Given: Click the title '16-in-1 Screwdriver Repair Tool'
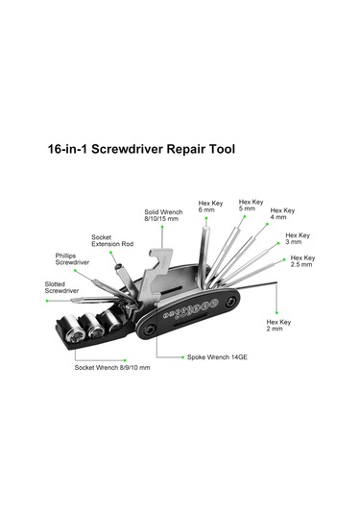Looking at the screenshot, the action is click(141, 149).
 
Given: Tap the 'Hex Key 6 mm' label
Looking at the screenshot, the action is click(210, 207).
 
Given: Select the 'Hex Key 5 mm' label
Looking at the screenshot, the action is click(251, 206).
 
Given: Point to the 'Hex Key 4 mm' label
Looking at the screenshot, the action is click(282, 213).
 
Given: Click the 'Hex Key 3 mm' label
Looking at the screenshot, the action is click(298, 238).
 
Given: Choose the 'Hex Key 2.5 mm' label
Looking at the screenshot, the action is click(302, 261).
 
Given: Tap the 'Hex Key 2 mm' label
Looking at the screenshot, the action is click(278, 325).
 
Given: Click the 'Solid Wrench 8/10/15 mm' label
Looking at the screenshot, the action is click(163, 215).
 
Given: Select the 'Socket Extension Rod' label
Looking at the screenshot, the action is click(112, 240).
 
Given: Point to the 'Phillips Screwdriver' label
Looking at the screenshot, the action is click(72, 259).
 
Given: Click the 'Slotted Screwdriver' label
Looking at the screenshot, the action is click(61, 287).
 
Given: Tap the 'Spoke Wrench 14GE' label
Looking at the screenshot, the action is click(217, 357).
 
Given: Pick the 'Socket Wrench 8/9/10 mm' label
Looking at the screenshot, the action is click(112, 367).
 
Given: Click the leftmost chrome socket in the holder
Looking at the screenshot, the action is click(75, 328).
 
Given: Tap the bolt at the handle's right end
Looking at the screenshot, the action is click(231, 301).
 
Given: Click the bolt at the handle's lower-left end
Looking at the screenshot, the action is click(151, 330).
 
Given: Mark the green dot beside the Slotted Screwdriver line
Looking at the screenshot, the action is click(47, 301).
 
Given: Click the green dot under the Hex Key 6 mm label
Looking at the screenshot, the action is click(206, 218).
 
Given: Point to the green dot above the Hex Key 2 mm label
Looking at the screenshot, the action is click(276, 313).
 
